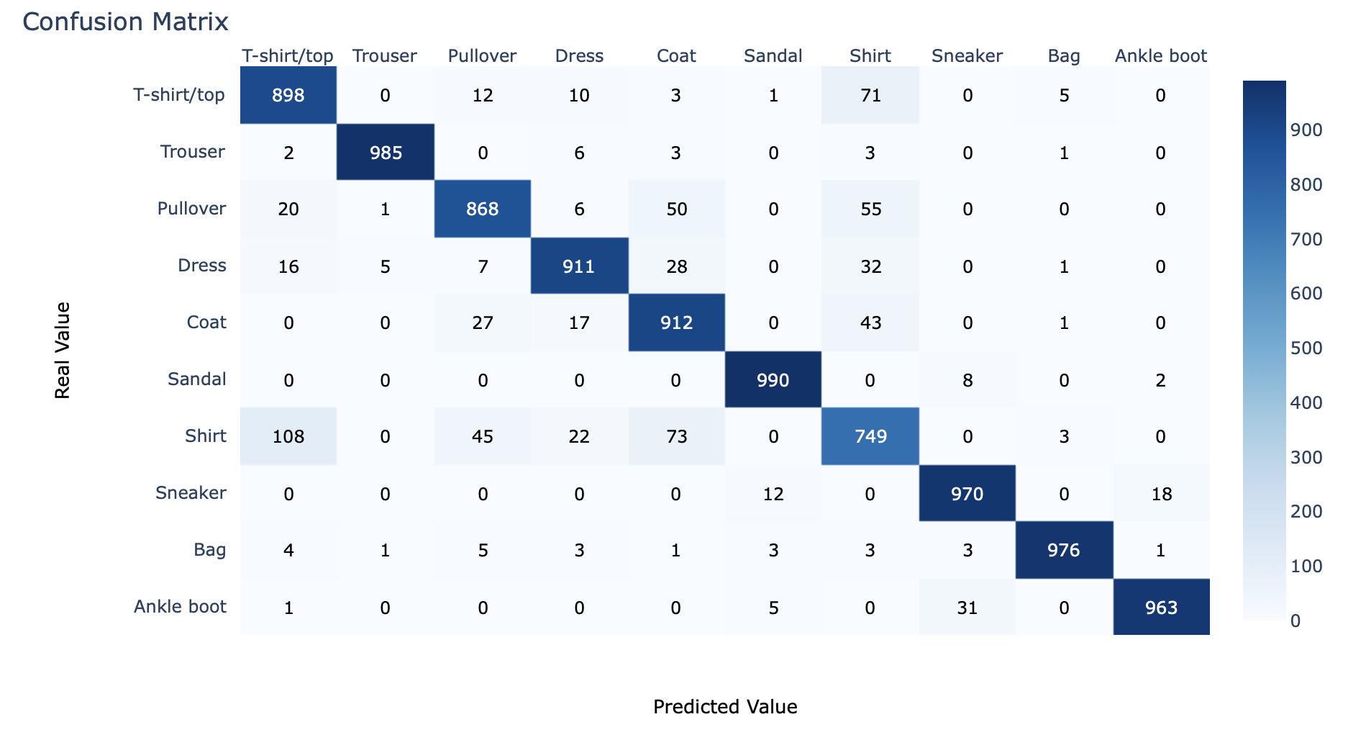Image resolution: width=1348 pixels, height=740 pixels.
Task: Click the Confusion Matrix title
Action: click(125, 22)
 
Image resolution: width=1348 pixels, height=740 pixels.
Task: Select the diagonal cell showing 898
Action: click(288, 95)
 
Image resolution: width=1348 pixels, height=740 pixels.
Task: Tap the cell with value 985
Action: click(386, 152)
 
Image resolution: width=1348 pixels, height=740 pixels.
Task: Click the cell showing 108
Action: click(288, 436)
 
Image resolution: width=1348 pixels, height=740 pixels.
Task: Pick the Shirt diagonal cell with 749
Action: click(870, 436)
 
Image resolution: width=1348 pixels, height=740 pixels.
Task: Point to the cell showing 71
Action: click(870, 95)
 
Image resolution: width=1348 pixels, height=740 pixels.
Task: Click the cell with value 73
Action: click(676, 436)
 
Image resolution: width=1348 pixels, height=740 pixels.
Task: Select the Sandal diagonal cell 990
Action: click(773, 379)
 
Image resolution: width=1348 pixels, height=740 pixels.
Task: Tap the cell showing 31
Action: click(967, 608)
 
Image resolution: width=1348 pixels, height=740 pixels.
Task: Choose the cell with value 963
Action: click(1161, 608)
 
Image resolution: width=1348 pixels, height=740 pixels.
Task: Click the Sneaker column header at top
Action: click(967, 55)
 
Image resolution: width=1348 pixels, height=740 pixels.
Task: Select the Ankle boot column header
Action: click(1160, 55)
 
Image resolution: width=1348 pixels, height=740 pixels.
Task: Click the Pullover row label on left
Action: click(191, 209)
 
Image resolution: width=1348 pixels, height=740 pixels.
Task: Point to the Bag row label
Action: click(209, 550)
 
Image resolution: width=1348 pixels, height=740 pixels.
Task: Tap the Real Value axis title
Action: click(63, 350)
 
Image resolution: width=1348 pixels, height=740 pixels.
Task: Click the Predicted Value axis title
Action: click(725, 707)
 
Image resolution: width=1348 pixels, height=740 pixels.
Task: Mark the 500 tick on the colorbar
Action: click(1306, 348)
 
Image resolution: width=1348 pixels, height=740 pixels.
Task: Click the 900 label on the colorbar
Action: click(1306, 130)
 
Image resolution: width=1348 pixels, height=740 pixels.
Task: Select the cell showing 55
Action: click(870, 209)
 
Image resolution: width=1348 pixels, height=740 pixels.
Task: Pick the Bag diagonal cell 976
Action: click(1064, 550)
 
